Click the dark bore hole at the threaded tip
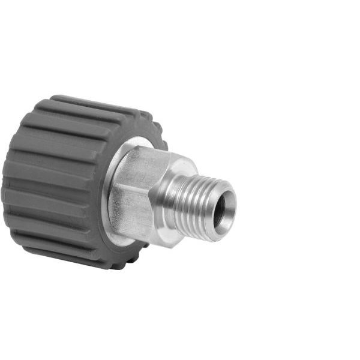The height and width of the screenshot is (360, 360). (x=220, y=209)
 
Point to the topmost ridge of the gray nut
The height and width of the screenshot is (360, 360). (x=90, y=102)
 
